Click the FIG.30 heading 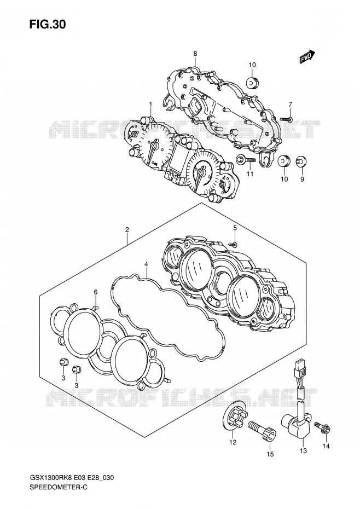coord(48,24)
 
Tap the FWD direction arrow coord(307,56)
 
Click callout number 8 coord(195,54)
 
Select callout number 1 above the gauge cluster coord(150,104)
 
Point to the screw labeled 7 coord(286,119)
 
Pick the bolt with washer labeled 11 coord(246,160)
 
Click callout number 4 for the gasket coord(147,264)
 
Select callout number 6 coord(96,292)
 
